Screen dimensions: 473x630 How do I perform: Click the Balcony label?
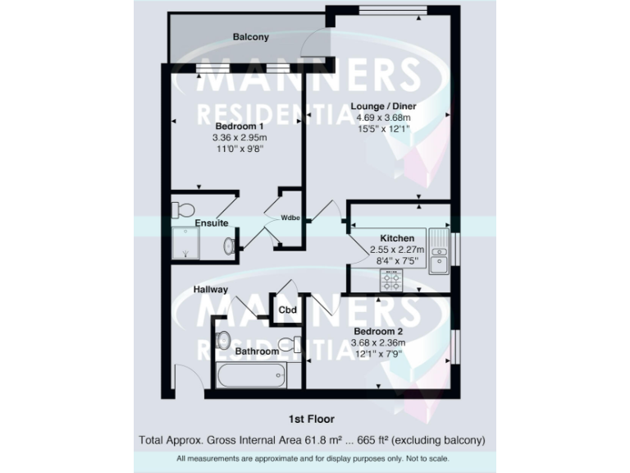click(x=250, y=37)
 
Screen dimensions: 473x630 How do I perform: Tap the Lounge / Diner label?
click(x=383, y=106)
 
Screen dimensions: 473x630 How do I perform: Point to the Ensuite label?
click(x=211, y=223)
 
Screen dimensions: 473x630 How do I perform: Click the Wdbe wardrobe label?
click(x=290, y=218)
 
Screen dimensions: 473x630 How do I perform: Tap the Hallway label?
click(x=211, y=290)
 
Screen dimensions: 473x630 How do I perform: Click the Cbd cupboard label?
click(x=287, y=310)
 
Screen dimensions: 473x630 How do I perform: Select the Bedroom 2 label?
click(x=383, y=331)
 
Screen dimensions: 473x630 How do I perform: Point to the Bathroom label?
click(x=257, y=351)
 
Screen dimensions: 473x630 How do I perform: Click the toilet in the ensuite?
click(x=182, y=205)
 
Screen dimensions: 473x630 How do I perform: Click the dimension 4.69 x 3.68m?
click(x=383, y=117)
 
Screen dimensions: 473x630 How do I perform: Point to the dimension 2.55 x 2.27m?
click(x=396, y=250)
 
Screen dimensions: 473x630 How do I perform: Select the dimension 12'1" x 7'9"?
click(x=383, y=354)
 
